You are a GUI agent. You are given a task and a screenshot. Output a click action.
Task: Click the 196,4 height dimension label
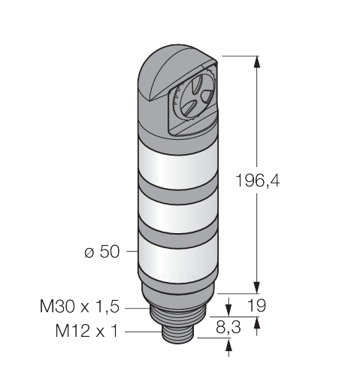(x=258, y=180)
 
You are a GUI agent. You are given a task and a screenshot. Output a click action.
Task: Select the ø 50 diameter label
(x=102, y=251)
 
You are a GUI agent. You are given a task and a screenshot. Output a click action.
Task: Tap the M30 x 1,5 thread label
(x=80, y=306)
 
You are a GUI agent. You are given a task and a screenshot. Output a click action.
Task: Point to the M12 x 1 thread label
(x=86, y=331)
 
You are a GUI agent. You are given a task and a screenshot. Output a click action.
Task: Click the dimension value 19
(x=256, y=305)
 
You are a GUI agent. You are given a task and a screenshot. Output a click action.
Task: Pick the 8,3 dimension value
(x=228, y=327)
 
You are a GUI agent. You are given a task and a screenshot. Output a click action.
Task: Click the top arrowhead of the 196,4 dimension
(x=256, y=62)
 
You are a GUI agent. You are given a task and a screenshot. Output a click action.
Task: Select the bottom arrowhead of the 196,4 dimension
(x=256, y=287)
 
